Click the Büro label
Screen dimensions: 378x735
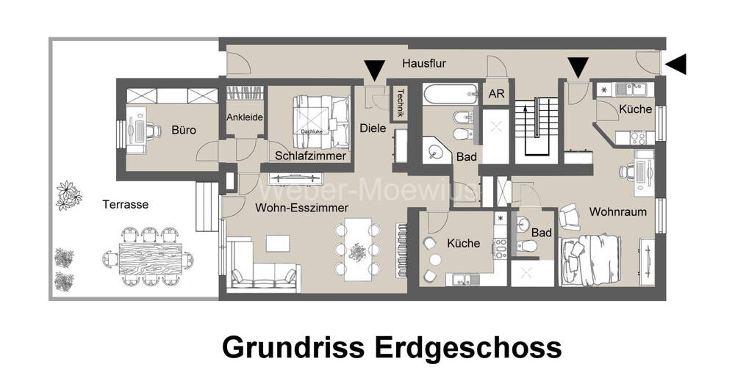tap(184, 130)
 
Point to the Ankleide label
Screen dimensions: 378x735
tap(245, 117)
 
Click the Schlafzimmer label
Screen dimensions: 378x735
tap(310, 156)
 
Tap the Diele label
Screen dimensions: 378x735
tap(373, 128)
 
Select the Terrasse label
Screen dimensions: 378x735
tap(126, 204)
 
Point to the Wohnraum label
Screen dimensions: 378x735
tap(617, 212)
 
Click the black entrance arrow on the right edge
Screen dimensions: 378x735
tap(675, 65)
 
